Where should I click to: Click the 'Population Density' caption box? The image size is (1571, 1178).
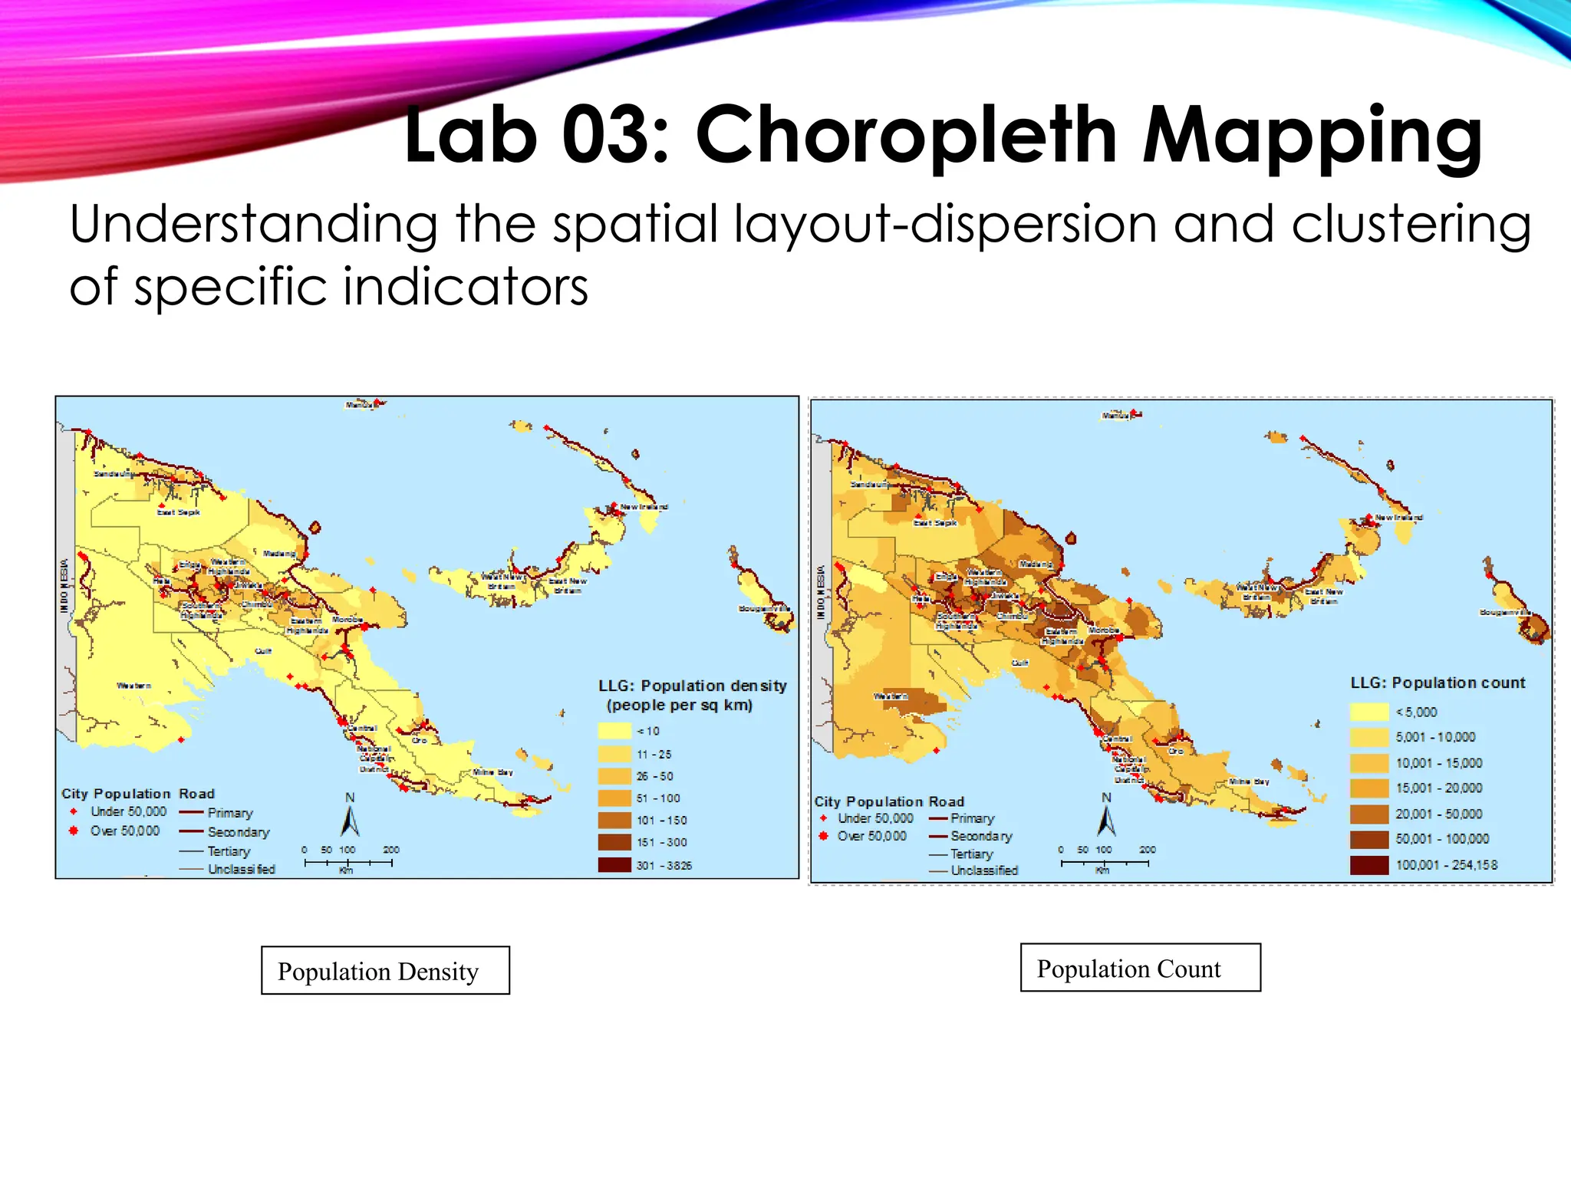(385, 970)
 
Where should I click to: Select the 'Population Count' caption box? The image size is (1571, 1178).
(1140, 968)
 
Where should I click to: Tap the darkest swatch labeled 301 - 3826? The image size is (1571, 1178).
(614, 865)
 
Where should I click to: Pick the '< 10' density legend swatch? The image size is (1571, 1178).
(614, 731)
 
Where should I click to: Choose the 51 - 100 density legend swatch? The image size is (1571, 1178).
(614, 798)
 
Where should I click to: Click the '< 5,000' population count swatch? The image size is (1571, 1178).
(1369, 712)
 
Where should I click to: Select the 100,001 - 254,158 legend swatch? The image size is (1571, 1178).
(1369, 865)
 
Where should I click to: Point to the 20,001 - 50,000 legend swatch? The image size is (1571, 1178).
(1369, 814)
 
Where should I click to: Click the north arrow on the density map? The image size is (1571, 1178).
(350, 819)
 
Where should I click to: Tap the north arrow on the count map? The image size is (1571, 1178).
(1106, 819)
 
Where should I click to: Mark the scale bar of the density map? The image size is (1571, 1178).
(348, 863)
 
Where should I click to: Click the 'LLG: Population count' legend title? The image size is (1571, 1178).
(1438, 683)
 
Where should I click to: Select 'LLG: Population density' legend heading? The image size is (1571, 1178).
(692, 686)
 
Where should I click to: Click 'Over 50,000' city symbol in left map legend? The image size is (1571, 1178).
(74, 831)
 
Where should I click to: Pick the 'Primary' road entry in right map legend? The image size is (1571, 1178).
(971, 818)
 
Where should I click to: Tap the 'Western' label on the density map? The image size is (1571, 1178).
(133, 686)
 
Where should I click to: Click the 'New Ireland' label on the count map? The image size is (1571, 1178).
(1398, 518)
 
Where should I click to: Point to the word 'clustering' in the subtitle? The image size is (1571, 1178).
(1411, 225)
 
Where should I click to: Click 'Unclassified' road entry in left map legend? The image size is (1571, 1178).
(241, 869)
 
